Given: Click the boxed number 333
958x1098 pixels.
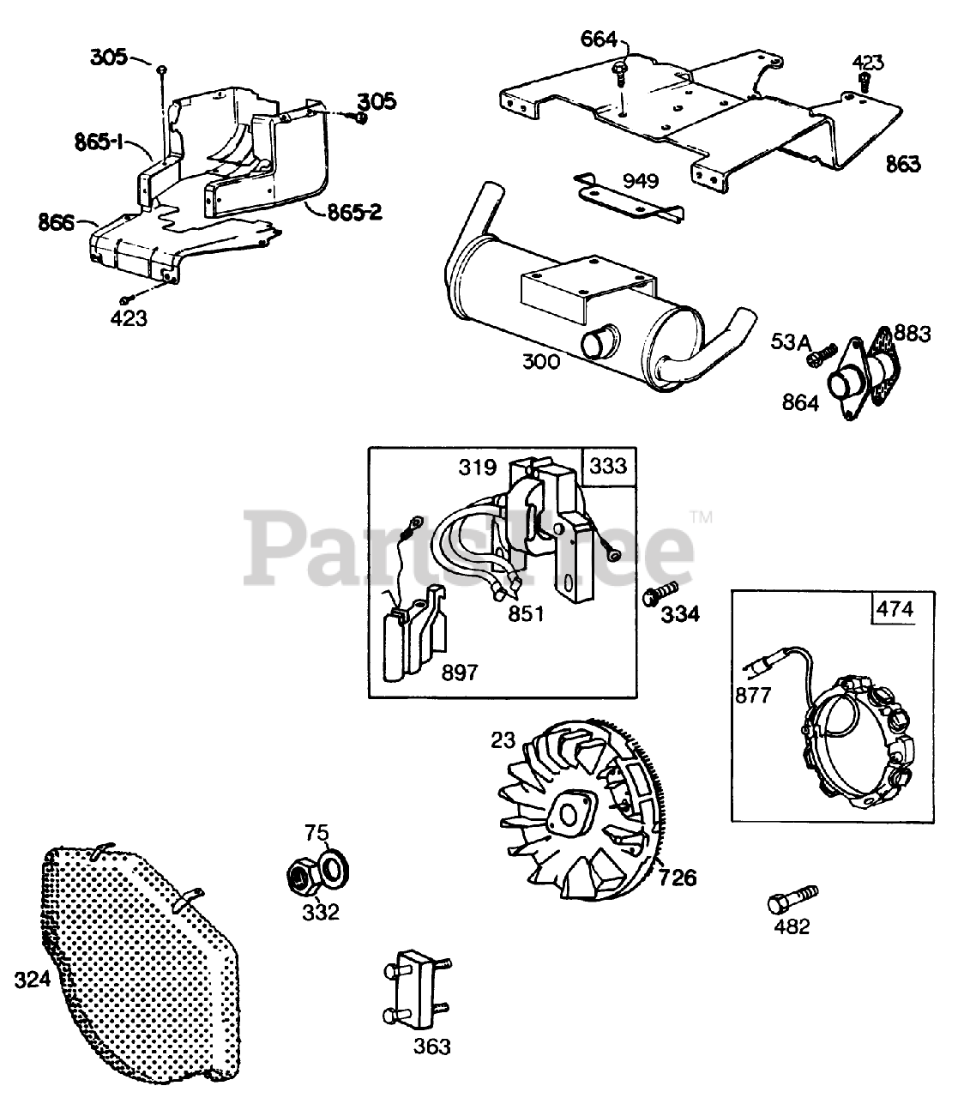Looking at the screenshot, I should pyautogui.click(x=609, y=467).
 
